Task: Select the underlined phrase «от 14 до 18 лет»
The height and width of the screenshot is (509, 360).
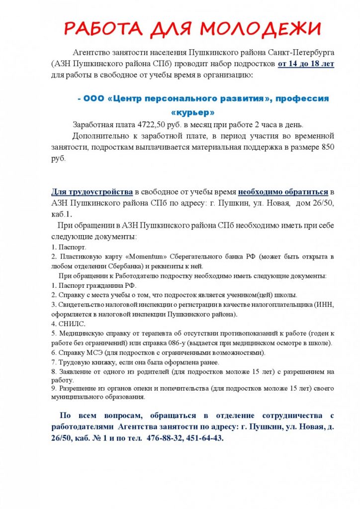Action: coord(306,64)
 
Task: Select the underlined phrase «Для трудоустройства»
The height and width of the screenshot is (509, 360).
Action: coord(92,192)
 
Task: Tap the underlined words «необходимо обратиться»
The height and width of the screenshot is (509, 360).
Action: coord(283,192)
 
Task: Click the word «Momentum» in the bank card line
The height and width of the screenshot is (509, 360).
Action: coord(152,256)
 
